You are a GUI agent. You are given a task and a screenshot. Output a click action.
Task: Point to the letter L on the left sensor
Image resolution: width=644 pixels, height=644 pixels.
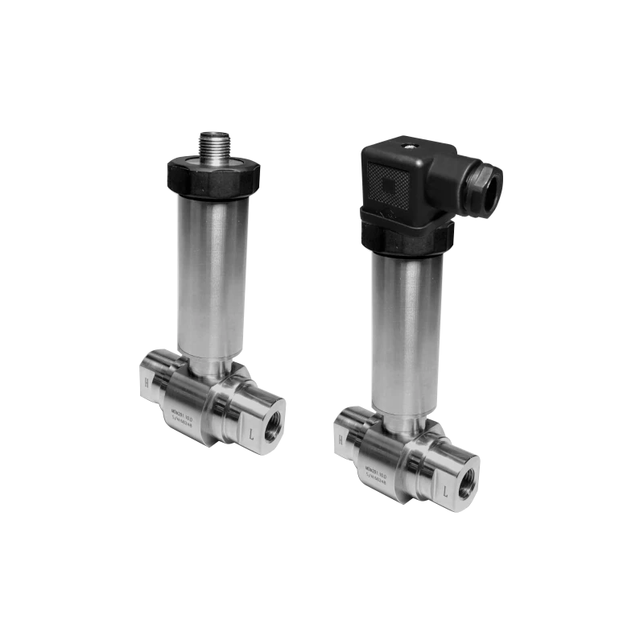254,433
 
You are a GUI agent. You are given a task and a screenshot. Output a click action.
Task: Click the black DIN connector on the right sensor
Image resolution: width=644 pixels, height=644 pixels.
411,181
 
